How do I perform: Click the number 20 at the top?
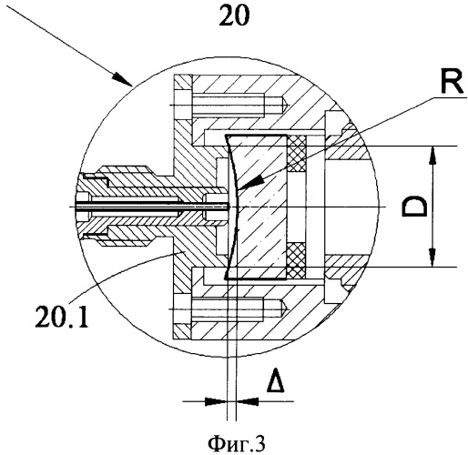tap(234, 15)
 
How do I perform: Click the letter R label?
tap(452, 82)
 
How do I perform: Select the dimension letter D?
tap(414, 207)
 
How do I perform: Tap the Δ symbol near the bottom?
tap(275, 380)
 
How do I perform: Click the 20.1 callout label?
tap(62, 316)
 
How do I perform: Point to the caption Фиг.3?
tap(237, 444)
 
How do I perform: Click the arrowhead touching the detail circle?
tap(122, 79)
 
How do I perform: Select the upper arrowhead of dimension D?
tap(432, 157)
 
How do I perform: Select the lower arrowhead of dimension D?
tap(432, 258)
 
